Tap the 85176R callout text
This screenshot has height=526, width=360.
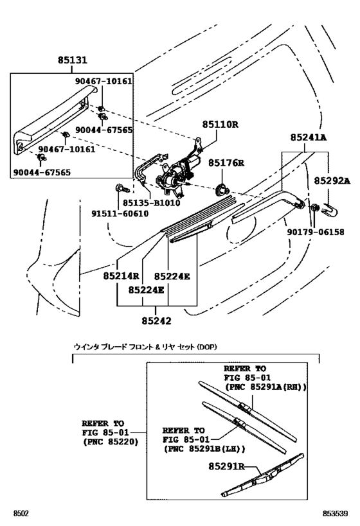click(x=223, y=163)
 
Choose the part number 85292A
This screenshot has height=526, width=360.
click(x=332, y=181)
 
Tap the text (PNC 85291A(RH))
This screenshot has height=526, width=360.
click(x=264, y=387)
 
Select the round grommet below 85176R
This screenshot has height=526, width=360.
click(x=222, y=188)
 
